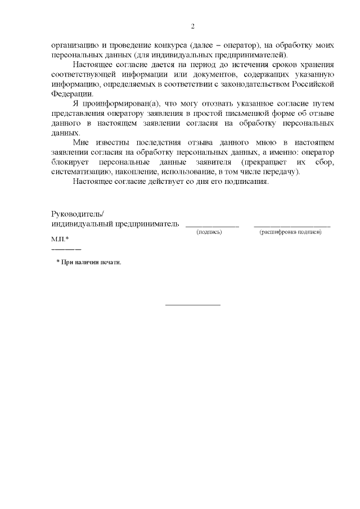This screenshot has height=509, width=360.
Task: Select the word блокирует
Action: [69, 163]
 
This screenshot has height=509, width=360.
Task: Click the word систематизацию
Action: [80, 172]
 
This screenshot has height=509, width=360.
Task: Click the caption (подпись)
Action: [209, 232]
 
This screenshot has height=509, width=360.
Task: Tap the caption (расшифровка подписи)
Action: [290, 232]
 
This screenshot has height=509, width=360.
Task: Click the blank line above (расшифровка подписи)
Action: [292, 226]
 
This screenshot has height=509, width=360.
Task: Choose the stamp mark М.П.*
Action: [60, 240]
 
